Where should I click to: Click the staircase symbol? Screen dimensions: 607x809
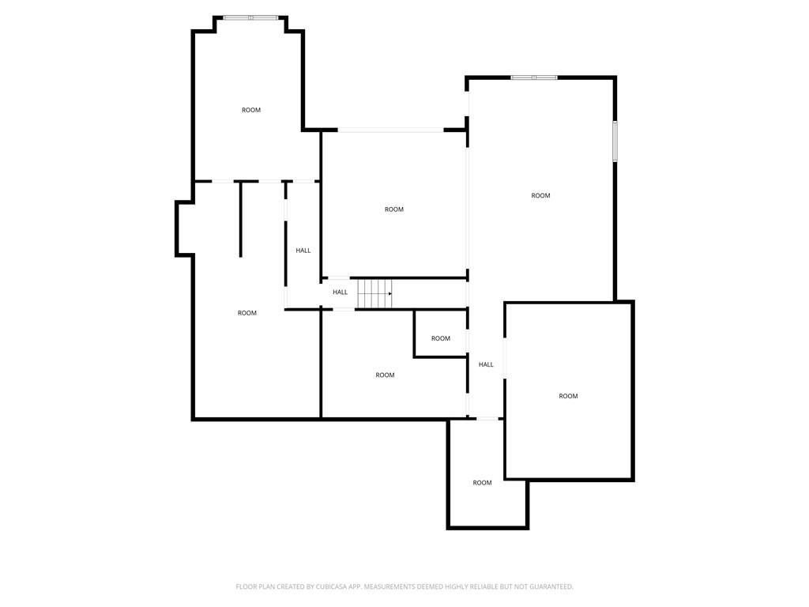pyautogui.click(x=374, y=293)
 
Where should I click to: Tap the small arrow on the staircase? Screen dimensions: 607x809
pyautogui.click(x=389, y=293)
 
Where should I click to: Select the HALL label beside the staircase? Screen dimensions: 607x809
pyautogui.click(x=340, y=292)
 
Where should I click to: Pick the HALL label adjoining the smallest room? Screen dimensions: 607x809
pyautogui.click(x=486, y=364)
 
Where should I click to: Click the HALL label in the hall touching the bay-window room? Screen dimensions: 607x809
pyautogui.click(x=303, y=251)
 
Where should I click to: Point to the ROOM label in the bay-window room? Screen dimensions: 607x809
pyautogui.click(x=251, y=110)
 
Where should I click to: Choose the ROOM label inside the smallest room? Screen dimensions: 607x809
pyautogui.click(x=441, y=338)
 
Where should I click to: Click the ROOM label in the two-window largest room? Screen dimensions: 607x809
pyautogui.click(x=540, y=195)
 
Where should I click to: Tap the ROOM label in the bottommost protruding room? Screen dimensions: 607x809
pyautogui.click(x=482, y=483)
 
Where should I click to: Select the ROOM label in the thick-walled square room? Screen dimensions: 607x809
pyautogui.click(x=568, y=396)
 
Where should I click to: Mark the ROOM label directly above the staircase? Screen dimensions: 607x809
pyautogui.click(x=394, y=209)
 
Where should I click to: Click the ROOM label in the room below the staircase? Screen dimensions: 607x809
pyautogui.click(x=385, y=375)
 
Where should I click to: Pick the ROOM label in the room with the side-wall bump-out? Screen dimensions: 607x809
pyautogui.click(x=247, y=313)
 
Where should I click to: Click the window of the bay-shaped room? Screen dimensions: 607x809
pyautogui.click(x=250, y=17)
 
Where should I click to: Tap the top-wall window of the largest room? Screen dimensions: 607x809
pyautogui.click(x=534, y=77)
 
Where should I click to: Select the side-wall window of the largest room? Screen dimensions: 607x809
pyautogui.click(x=615, y=141)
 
